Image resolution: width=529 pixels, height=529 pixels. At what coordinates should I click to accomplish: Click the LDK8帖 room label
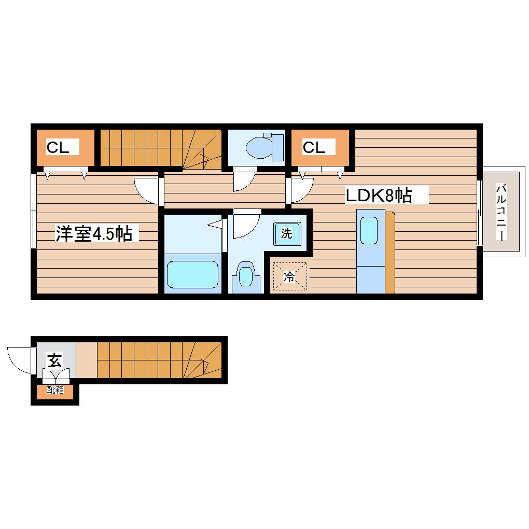tap(379, 195)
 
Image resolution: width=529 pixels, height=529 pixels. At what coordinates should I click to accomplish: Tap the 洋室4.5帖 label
tap(94, 233)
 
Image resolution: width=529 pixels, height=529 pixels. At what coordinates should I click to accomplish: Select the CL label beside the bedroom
tap(58, 147)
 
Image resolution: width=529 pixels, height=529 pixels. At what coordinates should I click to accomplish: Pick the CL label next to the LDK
tap(314, 147)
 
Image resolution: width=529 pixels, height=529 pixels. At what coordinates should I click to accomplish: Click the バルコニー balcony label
tap(502, 212)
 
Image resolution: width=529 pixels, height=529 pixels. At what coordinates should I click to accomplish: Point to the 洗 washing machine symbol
tap(287, 233)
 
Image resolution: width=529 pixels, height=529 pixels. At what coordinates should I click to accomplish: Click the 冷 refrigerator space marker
tap(290, 276)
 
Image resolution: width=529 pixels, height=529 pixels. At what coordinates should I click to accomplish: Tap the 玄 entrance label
tap(54, 360)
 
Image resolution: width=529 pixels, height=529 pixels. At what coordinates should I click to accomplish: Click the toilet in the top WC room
tap(259, 147)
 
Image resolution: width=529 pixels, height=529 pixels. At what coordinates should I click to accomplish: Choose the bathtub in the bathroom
tap(192, 275)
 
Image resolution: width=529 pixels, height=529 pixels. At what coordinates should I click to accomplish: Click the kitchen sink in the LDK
tap(369, 230)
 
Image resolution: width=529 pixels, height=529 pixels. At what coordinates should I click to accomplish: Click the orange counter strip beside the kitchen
tap(389, 253)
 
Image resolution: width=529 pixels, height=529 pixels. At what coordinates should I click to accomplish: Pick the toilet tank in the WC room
tap(277, 147)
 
